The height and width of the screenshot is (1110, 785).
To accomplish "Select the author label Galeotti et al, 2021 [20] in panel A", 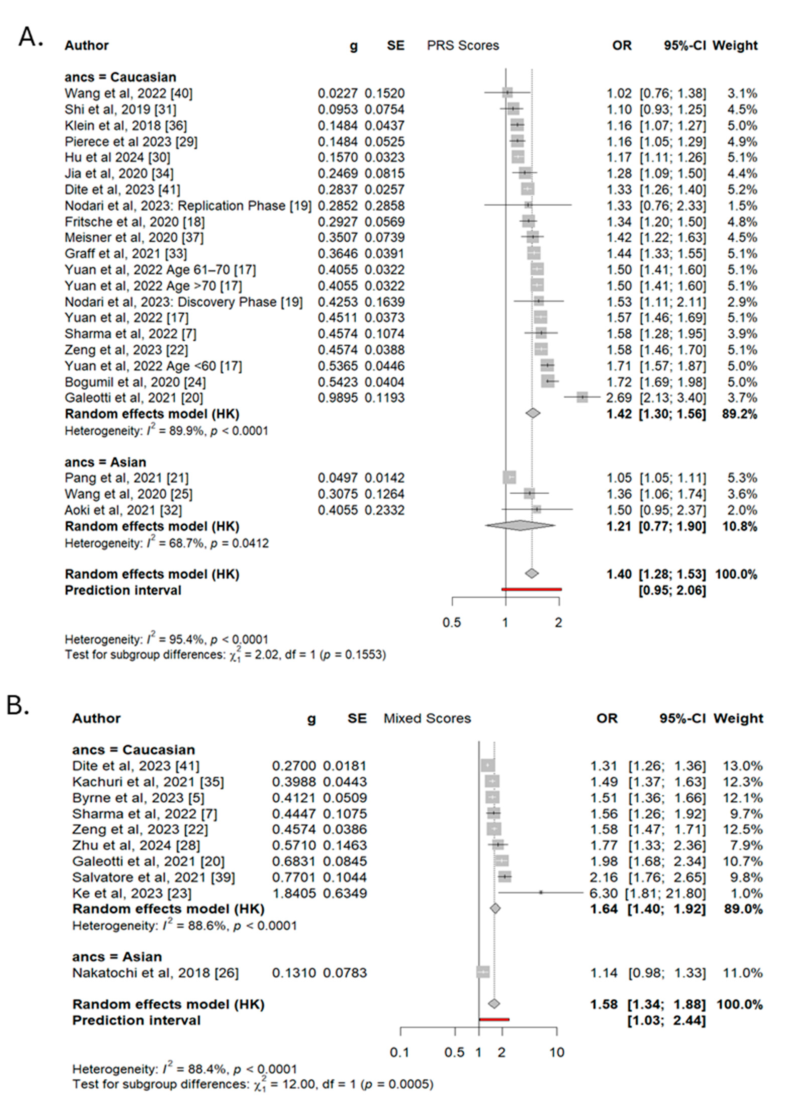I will point(134,398).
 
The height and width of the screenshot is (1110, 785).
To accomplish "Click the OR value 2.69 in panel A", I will point(619,398).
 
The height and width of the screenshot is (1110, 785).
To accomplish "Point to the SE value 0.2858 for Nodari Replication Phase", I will point(384,206).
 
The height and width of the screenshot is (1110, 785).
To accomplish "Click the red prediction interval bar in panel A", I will point(531,589).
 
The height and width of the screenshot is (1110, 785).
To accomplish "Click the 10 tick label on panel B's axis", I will point(557,1052).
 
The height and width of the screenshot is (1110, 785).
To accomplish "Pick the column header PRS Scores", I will point(463,45).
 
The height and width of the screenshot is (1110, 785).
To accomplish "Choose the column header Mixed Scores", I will point(427,718).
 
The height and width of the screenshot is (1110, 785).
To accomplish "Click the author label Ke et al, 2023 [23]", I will point(131,893).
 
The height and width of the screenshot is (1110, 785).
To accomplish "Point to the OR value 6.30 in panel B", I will point(603,893).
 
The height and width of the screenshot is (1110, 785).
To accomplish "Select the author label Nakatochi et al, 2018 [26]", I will point(155,973).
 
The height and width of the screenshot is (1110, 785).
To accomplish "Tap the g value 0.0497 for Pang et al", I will point(337,477).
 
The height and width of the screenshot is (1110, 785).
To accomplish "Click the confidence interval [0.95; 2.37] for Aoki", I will point(672,510).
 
